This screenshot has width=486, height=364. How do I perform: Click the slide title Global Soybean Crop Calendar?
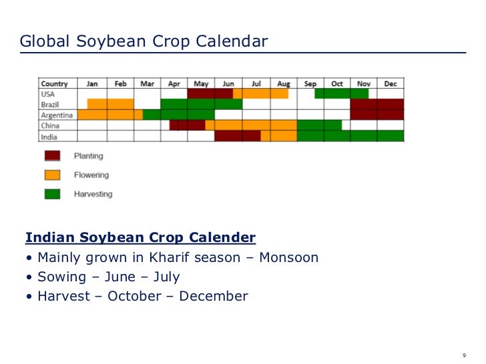coord(144,42)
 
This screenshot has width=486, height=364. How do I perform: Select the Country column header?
coord(55,84)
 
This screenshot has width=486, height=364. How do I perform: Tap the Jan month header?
coord(92,84)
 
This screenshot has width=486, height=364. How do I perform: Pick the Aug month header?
coord(284,84)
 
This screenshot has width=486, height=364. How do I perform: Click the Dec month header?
coord(391,84)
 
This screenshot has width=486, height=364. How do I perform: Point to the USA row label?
coord(48,94)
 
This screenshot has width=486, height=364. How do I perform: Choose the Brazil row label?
coord(51,105)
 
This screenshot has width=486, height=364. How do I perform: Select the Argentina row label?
coord(56,115)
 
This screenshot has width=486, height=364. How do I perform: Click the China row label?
coord(50,125)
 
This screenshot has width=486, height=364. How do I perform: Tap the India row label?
coord(49,136)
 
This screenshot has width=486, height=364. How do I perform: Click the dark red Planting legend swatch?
coord(53,156)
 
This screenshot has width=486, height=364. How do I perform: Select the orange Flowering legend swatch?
coord(53,175)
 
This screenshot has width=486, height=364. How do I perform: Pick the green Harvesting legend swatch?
coord(53,194)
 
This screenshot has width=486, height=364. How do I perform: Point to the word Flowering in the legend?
coord(91,175)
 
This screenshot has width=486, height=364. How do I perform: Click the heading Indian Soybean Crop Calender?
coord(140,238)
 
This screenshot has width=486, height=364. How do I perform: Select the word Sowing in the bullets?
coord(62,277)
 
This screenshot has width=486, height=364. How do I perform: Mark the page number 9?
coord(464,353)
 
